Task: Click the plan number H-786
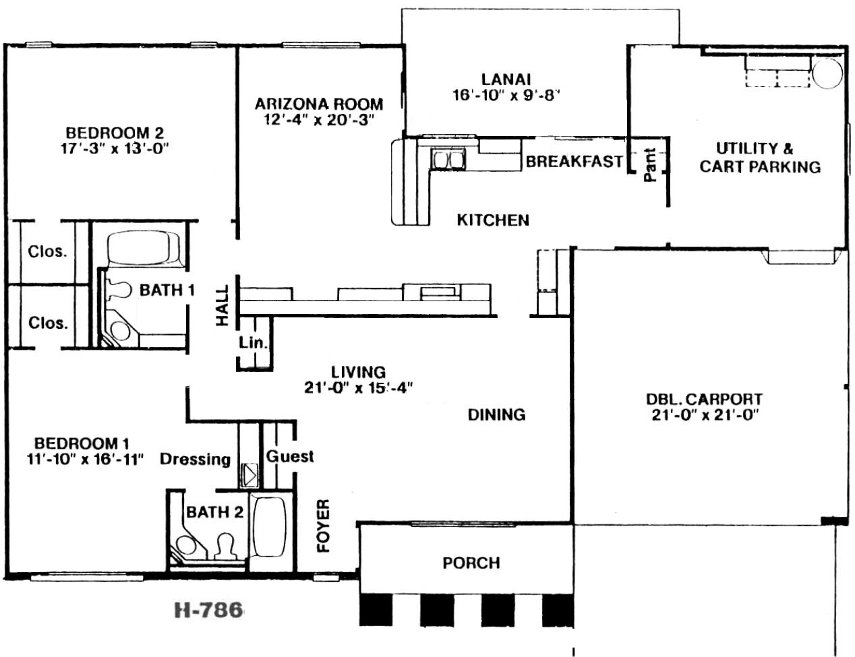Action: (x=208, y=611)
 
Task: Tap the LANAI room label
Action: (x=506, y=80)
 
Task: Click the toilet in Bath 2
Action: (x=225, y=546)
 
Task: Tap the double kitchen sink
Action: (x=448, y=159)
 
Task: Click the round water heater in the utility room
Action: (x=827, y=73)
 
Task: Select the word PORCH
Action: (x=471, y=563)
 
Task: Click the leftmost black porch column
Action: (x=376, y=609)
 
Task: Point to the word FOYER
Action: (x=324, y=526)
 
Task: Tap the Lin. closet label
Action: (x=253, y=342)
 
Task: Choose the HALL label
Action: (x=223, y=305)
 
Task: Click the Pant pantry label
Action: (x=650, y=164)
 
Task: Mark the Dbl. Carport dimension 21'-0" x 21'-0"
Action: (x=705, y=415)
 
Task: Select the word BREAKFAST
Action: (x=574, y=161)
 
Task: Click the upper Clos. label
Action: (x=47, y=251)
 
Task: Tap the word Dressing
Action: (x=195, y=460)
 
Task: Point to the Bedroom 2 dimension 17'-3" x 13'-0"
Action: (x=115, y=149)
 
